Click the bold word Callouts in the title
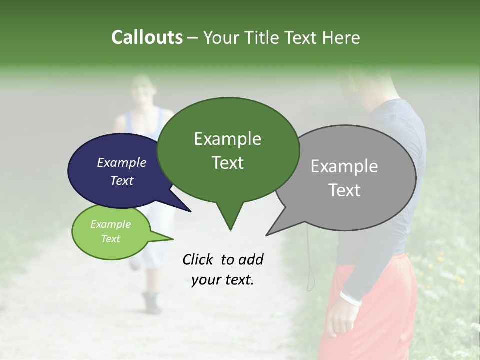(x=147, y=37)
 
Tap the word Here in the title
(x=342, y=37)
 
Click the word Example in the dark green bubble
(x=227, y=139)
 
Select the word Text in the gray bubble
(x=344, y=190)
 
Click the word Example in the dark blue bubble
(x=121, y=162)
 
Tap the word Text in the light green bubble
(x=110, y=239)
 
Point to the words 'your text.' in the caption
(x=223, y=280)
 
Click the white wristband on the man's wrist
(x=351, y=298)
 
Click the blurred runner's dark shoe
(x=151, y=302)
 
